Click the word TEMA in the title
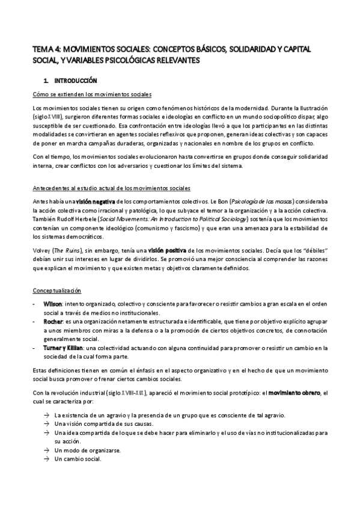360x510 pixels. coord(43,49)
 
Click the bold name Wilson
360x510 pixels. coord(53,304)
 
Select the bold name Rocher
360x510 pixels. coord(53,322)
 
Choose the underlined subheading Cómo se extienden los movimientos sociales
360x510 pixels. coord(91,94)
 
